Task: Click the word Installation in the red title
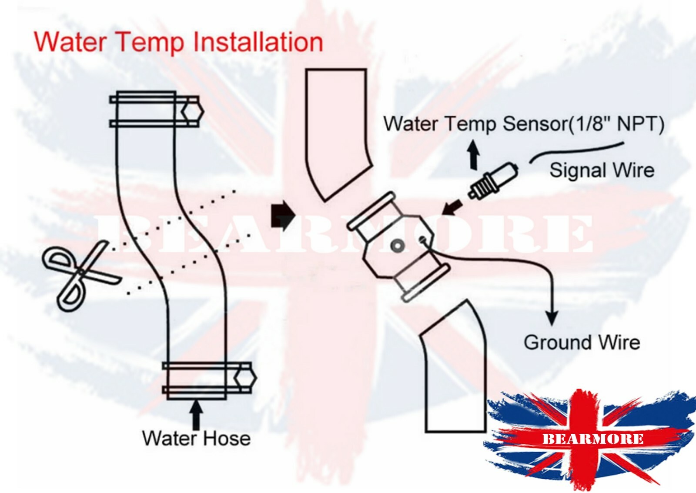[x=258, y=42]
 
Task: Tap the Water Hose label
[x=196, y=438]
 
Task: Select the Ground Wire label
[x=582, y=343]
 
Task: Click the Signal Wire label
[x=602, y=170]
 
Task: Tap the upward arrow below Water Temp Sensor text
[x=474, y=154]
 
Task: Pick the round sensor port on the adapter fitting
[x=396, y=246]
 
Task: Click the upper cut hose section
[x=337, y=130]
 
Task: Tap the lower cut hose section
[x=455, y=374]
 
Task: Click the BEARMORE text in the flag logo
[x=593, y=438]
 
